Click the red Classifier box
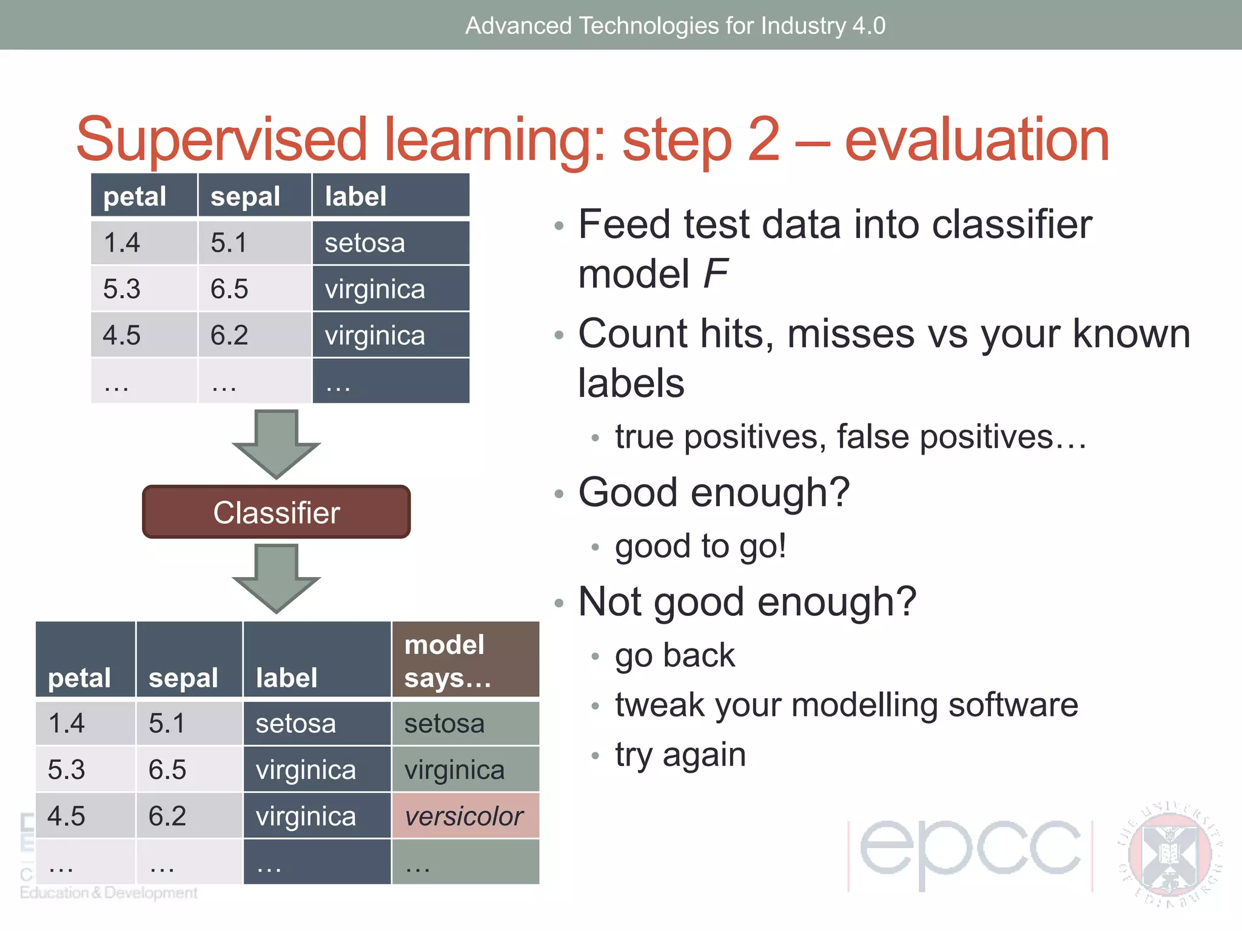(276, 512)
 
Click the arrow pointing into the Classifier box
(276, 445)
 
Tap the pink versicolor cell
(465, 816)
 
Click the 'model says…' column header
(465, 661)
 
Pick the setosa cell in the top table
(391, 243)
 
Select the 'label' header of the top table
(391, 196)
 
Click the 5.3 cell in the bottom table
(85, 769)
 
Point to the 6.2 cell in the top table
(254, 335)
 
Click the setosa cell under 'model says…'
(465, 724)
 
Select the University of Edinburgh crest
(1169, 855)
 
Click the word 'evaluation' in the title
(976, 140)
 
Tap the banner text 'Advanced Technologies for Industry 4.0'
(675, 25)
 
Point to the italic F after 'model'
(716, 274)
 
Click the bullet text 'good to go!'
(700, 546)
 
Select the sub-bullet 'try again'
(680, 755)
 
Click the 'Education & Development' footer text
(109, 893)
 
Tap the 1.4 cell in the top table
(144, 243)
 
